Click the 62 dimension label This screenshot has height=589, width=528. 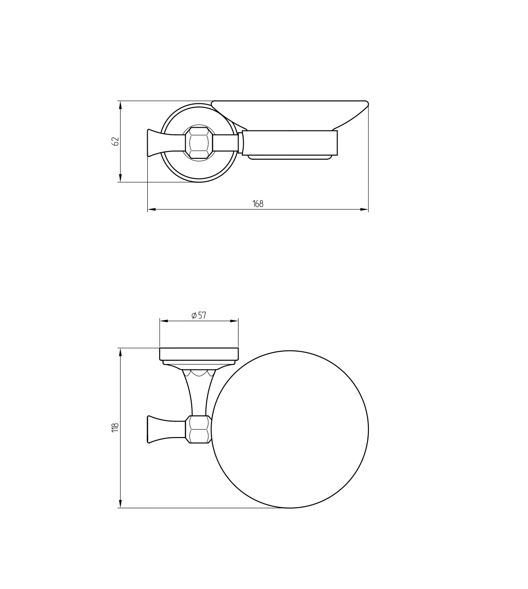pos(116,141)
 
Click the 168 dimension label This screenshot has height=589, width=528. pos(258,204)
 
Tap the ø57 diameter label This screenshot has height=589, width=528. pos(199,315)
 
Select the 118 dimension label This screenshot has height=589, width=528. pos(115,427)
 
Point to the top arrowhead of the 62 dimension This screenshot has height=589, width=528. pos(120,105)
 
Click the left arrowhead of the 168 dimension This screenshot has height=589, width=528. pos(152,209)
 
